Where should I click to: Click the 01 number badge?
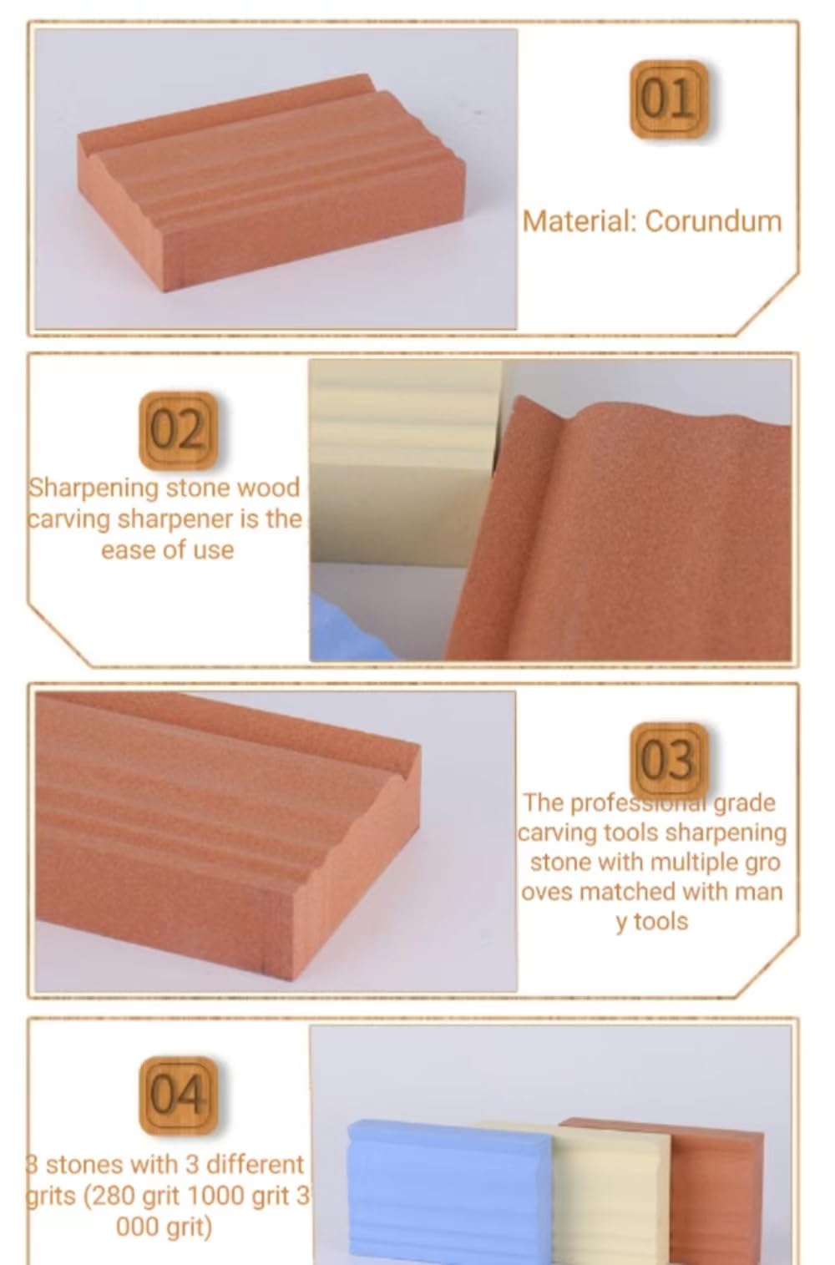tap(668, 99)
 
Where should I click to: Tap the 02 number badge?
tap(177, 430)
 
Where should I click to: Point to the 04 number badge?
tap(177, 1095)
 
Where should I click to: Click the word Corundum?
tap(713, 221)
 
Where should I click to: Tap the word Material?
tap(579, 221)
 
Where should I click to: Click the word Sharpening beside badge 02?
tap(93, 488)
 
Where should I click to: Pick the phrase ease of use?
tap(167, 550)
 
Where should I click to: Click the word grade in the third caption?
tap(744, 802)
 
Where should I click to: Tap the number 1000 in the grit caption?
tap(217, 1196)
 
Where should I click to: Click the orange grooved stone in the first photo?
tap(267, 192)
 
